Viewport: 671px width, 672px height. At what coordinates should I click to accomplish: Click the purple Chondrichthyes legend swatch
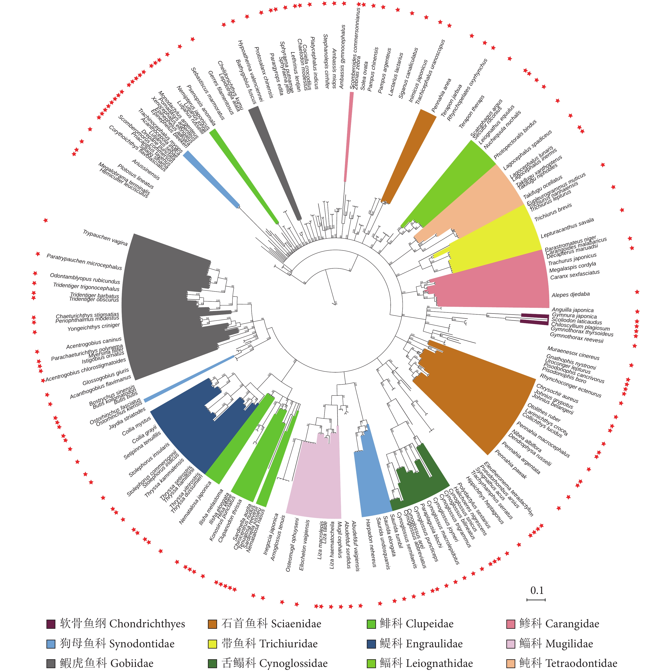[x=51, y=624]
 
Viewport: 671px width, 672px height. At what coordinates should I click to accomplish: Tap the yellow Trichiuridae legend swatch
[x=212, y=644]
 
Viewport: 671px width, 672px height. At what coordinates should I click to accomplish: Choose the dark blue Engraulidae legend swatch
[x=371, y=644]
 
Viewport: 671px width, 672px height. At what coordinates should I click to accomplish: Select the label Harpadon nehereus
[x=371, y=543]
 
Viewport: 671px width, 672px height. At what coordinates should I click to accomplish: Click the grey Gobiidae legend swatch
[x=51, y=663]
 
